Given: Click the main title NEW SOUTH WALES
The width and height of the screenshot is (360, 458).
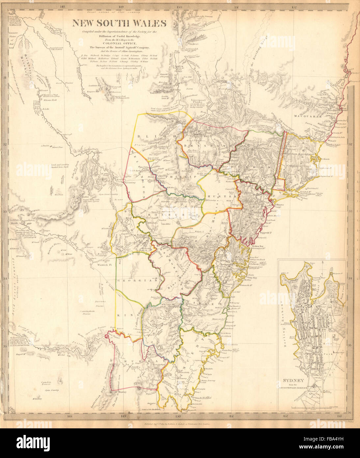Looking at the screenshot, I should coord(120,23).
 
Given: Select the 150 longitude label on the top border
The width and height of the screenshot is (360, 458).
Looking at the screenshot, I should coord(179,6).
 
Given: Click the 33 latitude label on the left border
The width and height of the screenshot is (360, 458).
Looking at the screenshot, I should coord(6,211).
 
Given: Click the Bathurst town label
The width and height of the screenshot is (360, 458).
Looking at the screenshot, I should coord(142,235).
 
